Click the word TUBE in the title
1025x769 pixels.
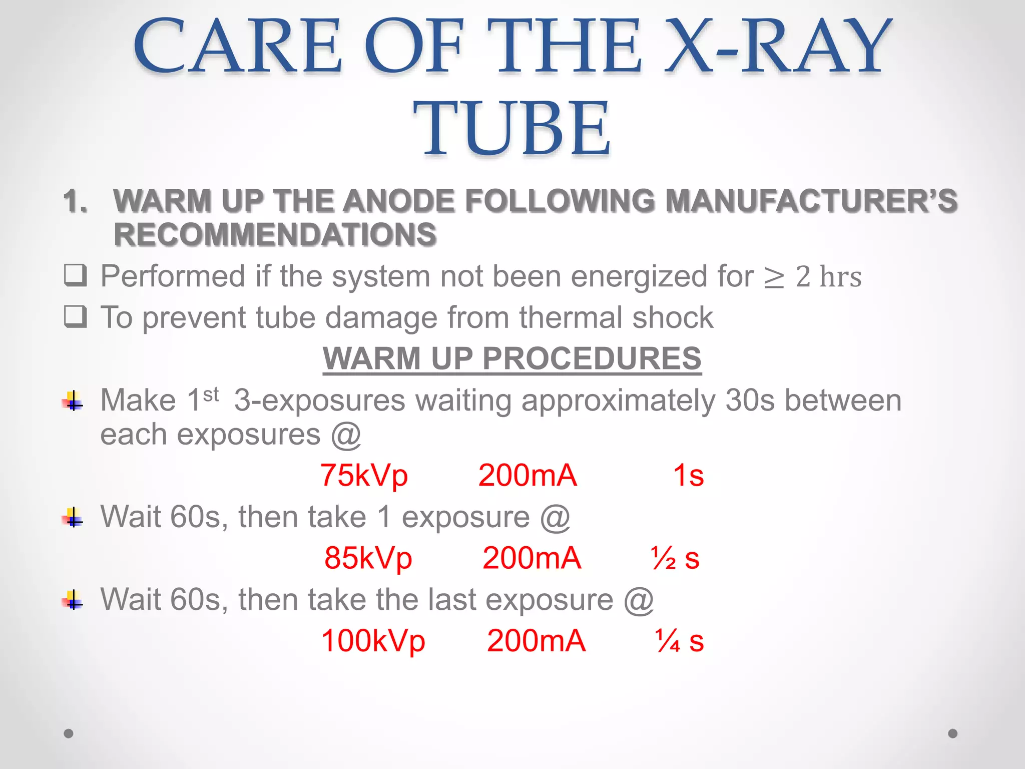pyautogui.click(x=511, y=128)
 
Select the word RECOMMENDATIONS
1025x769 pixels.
pyautogui.click(x=275, y=234)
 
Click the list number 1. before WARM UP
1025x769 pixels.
pyautogui.click(x=76, y=201)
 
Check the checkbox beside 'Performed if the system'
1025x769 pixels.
pyautogui.click(x=76, y=275)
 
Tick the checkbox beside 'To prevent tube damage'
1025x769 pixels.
pyautogui.click(x=76, y=316)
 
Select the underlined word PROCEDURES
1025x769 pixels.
pyautogui.click(x=591, y=358)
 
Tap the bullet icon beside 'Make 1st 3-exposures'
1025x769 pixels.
pyautogui.click(x=73, y=401)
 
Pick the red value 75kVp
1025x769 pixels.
pyautogui.click(x=364, y=475)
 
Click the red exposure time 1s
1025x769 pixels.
pyautogui.click(x=688, y=475)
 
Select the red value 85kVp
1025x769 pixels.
pyautogui.click(x=368, y=558)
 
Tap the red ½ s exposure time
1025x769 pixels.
pyautogui.click(x=675, y=558)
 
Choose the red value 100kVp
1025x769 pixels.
pyautogui.click(x=373, y=641)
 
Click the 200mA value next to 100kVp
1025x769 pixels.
pyautogui.click(x=536, y=641)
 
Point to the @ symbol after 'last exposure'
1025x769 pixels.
pyautogui.click(x=639, y=600)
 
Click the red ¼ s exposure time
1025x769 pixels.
pyautogui.click(x=679, y=641)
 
